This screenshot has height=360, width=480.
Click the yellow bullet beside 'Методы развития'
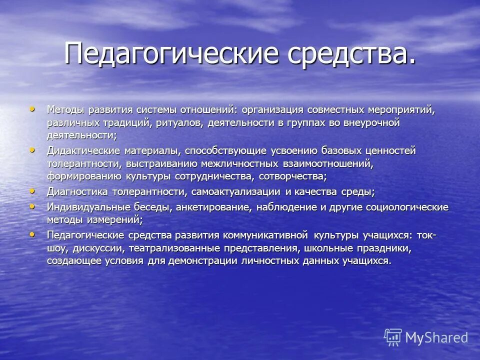coord(32,108)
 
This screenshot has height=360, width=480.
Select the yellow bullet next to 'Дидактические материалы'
coord(32,149)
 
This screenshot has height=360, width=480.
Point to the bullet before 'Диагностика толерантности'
coord(32,190)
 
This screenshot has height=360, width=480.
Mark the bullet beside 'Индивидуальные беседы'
coord(32,205)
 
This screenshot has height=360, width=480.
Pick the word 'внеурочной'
coord(372,123)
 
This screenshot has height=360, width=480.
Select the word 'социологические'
coord(408,207)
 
